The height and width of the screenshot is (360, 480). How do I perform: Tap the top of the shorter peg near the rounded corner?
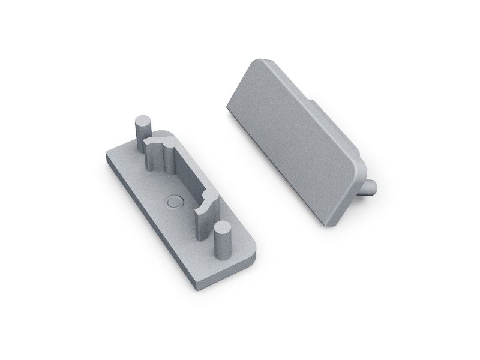pyautogui.click(x=223, y=228)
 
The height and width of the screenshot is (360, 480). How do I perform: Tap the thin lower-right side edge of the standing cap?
pyautogui.click(x=348, y=201)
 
